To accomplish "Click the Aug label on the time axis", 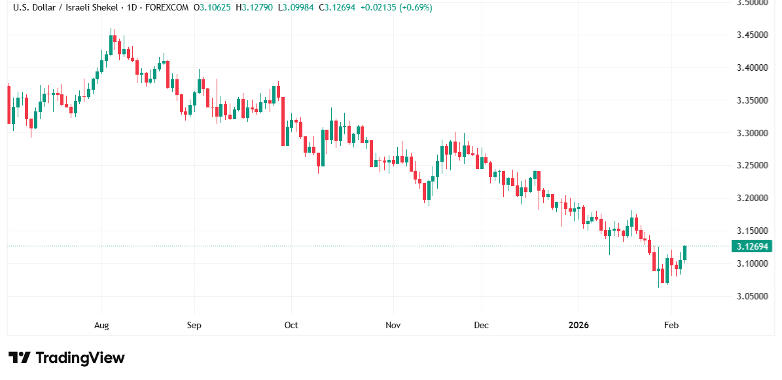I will [101, 325].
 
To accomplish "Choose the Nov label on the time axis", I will [393, 325].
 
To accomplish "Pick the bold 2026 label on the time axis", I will [579, 325].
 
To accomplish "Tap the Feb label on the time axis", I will [671, 325].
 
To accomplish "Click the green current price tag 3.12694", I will [753, 246].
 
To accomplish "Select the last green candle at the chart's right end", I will [685, 253].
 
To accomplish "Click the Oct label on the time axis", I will [291, 325].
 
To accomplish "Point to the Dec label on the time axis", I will [481, 325].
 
